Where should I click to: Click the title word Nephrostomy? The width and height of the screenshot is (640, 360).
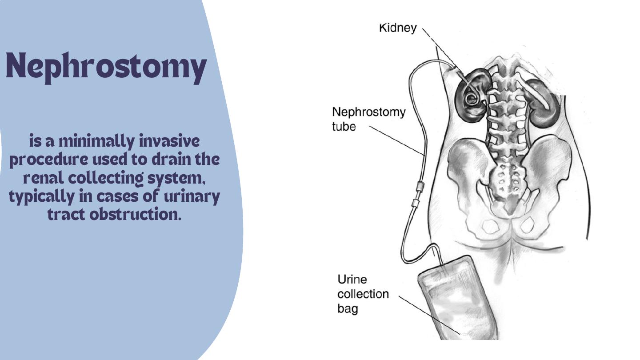(106, 68)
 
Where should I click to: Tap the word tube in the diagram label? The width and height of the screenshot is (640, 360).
(344, 126)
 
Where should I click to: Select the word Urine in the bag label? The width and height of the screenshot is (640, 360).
(352, 279)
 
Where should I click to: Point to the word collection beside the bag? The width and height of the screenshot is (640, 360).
(363, 294)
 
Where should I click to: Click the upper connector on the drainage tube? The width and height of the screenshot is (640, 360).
(419, 187)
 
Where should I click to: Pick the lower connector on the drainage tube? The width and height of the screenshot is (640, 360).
(415, 204)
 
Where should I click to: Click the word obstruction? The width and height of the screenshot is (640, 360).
(136, 214)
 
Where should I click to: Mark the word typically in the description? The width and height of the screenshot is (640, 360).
(41, 197)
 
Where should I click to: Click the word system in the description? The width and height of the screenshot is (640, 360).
(176, 179)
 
